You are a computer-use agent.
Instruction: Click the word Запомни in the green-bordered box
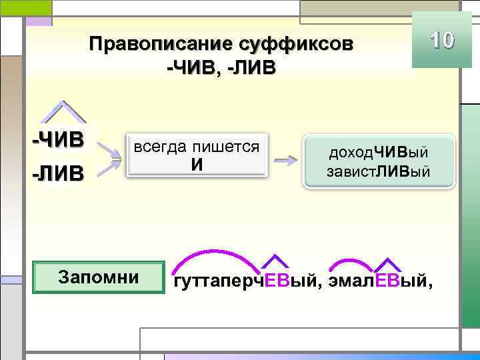[x=99, y=277]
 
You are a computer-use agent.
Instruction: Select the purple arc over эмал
[x=351, y=262]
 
